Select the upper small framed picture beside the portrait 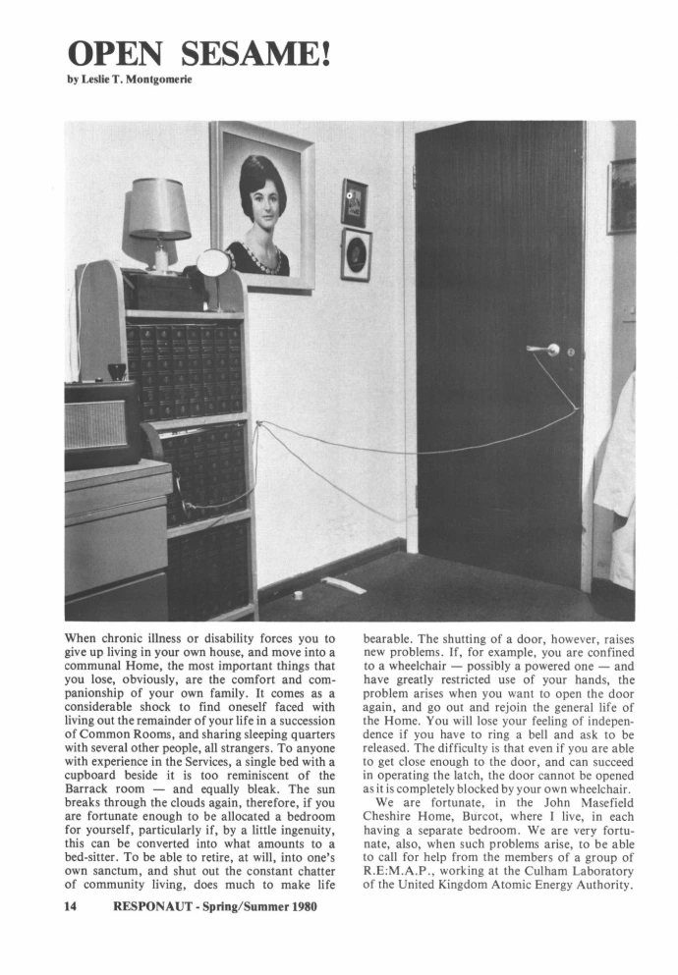pyautogui.click(x=354, y=202)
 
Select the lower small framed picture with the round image pyautogui.click(x=356, y=254)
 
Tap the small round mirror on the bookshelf pyautogui.click(x=213, y=262)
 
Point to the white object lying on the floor pyautogui.click(x=344, y=585)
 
